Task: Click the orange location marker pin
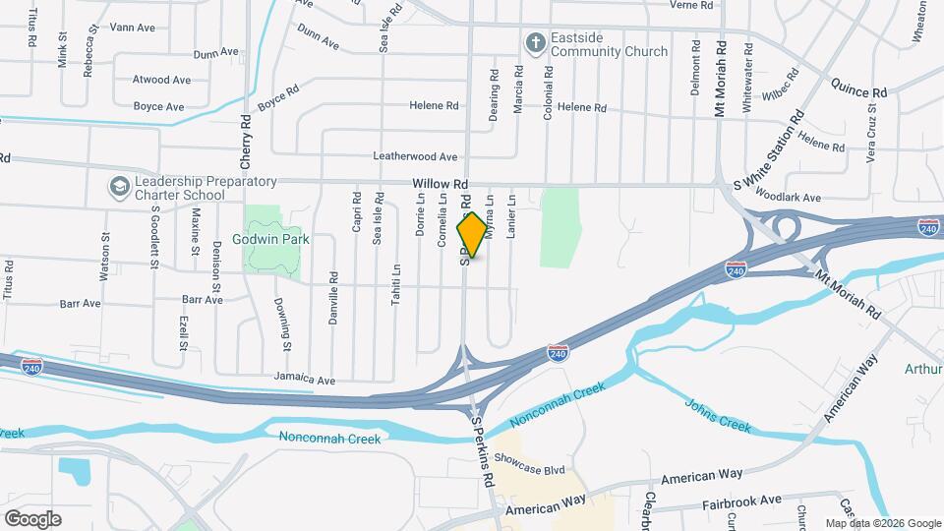pos(472,235)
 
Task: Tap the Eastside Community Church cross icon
pos(534,43)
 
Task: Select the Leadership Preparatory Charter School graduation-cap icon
pos(119,186)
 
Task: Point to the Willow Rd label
pos(440,184)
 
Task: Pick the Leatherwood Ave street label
pos(415,156)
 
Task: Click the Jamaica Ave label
pos(307,380)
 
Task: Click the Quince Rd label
pos(858,91)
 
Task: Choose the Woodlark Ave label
pos(792,198)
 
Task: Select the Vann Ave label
pos(133,28)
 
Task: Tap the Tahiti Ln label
pos(395,284)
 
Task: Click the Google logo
pos(32,518)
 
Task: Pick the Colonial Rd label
pos(548,93)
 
